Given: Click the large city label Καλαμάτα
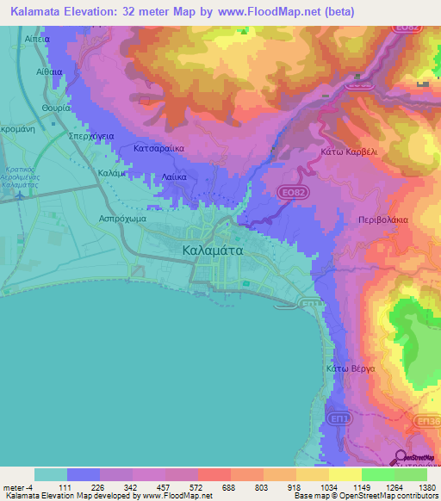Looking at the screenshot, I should point(214,250).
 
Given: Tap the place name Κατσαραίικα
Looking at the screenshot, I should point(159,148).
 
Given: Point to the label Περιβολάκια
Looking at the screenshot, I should point(383,220).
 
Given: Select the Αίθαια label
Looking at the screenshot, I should point(50,75).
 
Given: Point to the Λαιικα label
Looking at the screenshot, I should point(175,177).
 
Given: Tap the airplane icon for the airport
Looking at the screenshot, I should point(19,195).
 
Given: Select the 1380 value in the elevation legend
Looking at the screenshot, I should point(426,487).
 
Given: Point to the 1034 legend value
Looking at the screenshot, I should point(328,487).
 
